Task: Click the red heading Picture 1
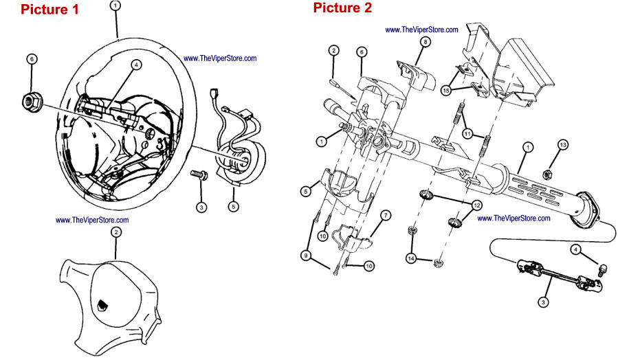pos(49,10)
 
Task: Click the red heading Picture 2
pos(342,8)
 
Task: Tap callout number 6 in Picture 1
pos(32,60)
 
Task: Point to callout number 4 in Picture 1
pos(136,65)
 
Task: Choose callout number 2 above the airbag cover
pos(116,233)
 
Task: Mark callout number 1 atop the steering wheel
pos(115,5)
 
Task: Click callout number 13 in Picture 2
pos(563,145)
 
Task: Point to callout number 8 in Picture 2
pos(426,43)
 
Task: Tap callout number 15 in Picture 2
pos(445,90)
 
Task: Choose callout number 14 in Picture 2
pos(412,259)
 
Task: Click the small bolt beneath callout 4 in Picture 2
pos(602,270)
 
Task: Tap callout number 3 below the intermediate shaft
pos(542,300)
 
